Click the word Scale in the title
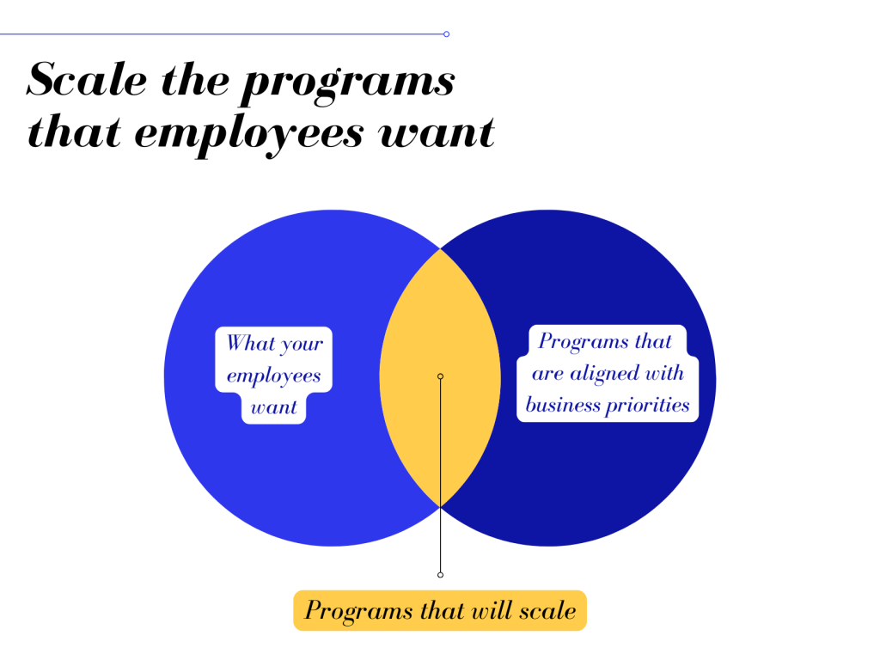pyautogui.click(x=87, y=79)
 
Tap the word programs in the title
pyautogui.click(x=348, y=85)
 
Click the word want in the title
pyautogui.click(x=437, y=133)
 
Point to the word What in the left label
pyautogui.click(x=250, y=342)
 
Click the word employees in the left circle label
pyautogui.click(x=274, y=376)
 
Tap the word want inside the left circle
pyautogui.click(x=274, y=406)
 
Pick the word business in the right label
pyautogui.click(x=563, y=405)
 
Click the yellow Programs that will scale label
pyautogui.click(x=440, y=611)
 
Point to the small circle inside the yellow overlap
pyautogui.click(x=441, y=376)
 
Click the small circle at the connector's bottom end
pyautogui.click(x=441, y=575)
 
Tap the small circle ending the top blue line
pyautogui.click(x=446, y=34)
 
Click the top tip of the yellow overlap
pyautogui.click(x=441, y=248)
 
